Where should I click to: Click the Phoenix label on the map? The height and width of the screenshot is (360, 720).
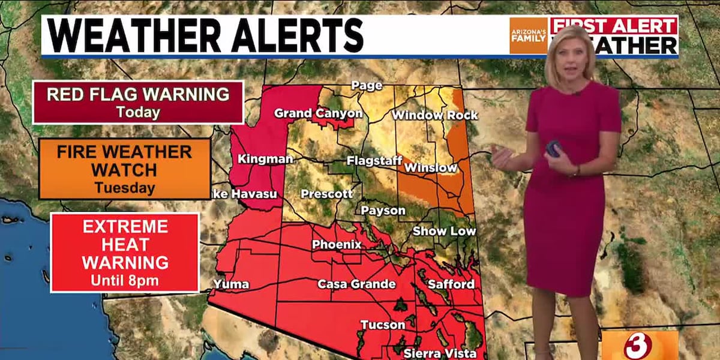click(x=337, y=245)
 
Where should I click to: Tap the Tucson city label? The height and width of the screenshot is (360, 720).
click(x=382, y=325)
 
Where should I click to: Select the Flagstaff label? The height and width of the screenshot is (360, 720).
click(x=373, y=161)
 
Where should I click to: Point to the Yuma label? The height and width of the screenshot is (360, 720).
click(x=231, y=284)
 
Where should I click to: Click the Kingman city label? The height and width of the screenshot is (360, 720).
click(x=265, y=159)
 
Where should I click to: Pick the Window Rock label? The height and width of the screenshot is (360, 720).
click(x=435, y=115)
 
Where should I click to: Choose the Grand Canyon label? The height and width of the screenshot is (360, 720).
click(x=318, y=113)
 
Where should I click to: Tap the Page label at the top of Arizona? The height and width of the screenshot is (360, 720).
click(x=367, y=86)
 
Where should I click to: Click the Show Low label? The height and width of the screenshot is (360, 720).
click(x=444, y=231)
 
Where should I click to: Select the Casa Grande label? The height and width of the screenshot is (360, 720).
click(x=356, y=284)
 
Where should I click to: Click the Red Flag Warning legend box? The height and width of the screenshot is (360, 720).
click(x=138, y=102)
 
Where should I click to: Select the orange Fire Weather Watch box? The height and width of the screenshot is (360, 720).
click(x=125, y=169)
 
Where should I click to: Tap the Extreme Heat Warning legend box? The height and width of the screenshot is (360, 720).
click(x=125, y=253)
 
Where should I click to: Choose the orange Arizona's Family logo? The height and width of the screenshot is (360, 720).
click(x=528, y=35)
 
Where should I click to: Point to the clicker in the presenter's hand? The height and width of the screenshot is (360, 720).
click(x=553, y=149)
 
